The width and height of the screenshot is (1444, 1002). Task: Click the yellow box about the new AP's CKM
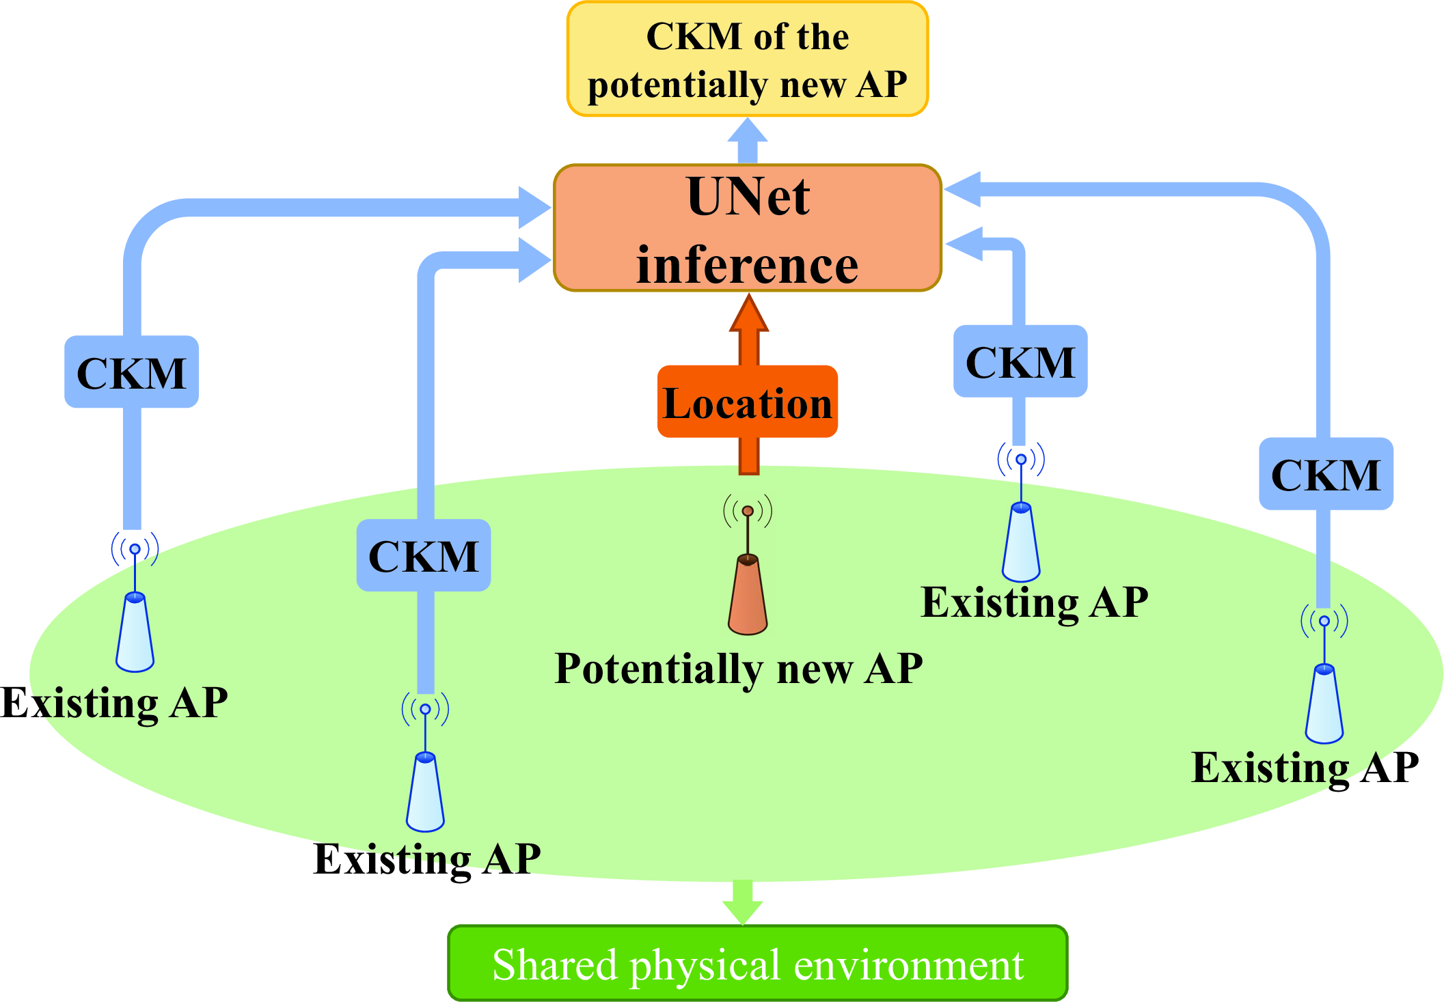(x=747, y=59)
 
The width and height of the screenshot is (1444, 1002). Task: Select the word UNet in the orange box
(x=748, y=197)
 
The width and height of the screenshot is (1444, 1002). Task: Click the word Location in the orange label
(x=747, y=403)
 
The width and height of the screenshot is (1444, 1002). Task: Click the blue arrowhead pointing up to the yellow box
(x=747, y=131)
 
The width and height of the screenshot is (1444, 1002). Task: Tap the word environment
(x=908, y=965)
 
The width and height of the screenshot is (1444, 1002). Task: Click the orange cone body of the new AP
(x=748, y=598)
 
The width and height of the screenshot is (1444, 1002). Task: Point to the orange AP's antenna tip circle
(x=748, y=511)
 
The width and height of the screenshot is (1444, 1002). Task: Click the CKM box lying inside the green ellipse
(x=424, y=556)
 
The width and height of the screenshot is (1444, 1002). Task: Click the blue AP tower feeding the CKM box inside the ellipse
(x=425, y=792)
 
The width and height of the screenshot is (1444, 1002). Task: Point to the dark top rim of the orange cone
(x=748, y=560)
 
